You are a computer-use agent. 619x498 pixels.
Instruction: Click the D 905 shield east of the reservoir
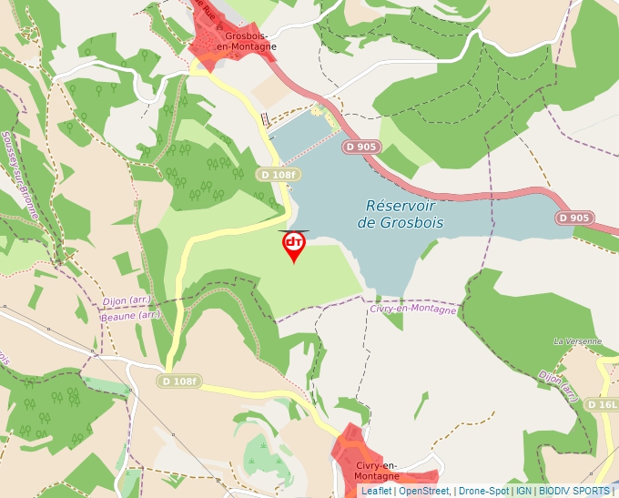click(573, 218)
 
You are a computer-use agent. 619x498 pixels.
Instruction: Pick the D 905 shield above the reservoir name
click(361, 146)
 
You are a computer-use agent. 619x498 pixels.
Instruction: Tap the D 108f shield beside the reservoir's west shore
click(278, 175)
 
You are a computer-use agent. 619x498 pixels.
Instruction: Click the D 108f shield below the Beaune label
click(178, 381)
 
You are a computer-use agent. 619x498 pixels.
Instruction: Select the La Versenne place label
click(577, 341)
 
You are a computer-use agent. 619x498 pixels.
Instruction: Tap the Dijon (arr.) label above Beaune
click(127, 300)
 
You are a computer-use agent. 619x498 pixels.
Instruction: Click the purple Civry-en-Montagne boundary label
click(413, 309)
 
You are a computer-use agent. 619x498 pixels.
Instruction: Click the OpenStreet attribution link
click(423, 491)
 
